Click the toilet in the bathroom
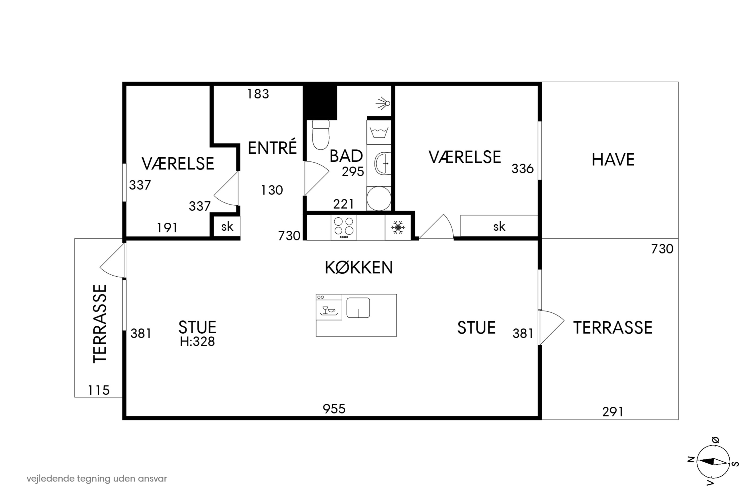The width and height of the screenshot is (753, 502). tap(321, 135)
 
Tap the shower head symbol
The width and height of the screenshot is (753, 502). tap(383, 103)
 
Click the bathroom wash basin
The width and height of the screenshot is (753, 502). tap(383, 164)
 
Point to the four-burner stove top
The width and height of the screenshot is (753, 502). tap(344, 227)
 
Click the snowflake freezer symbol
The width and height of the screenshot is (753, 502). tap(398, 227)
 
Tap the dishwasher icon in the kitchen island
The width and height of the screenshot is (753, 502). tap(329, 307)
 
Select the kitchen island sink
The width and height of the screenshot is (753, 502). tap(358, 308)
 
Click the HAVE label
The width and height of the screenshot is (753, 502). tap(613, 160)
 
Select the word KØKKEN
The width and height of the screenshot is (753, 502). tap(359, 268)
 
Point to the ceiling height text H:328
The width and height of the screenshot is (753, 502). tap(197, 342)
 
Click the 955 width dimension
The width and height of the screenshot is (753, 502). tap(334, 409)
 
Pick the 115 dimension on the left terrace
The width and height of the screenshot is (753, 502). tap(99, 390)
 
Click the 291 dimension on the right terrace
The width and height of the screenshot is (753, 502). tap(613, 412)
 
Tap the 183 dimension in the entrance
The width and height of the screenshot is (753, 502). tap(258, 94)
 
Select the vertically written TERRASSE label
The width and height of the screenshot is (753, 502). tap(100, 324)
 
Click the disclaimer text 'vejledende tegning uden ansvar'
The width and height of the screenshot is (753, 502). tap(97, 479)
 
